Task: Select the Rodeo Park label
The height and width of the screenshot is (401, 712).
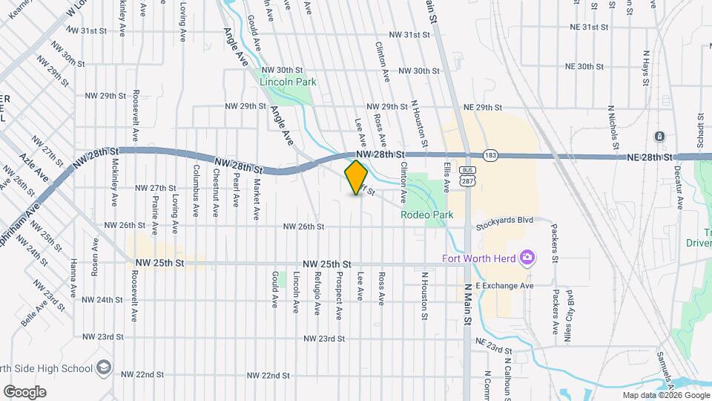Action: (x=426, y=215)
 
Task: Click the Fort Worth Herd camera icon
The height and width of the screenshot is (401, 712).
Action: (x=528, y=258)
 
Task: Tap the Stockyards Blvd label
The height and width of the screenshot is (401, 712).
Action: (x=505, y=221)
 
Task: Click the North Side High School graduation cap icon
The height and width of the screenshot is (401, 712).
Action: (x=103, y=368)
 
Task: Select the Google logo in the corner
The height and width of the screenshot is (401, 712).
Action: (x=24, y=392)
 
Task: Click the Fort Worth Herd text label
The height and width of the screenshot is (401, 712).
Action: (x=479, y=259)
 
